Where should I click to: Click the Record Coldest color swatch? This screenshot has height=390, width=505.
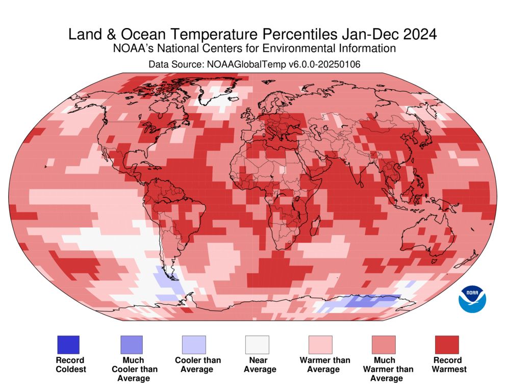coord(68,345)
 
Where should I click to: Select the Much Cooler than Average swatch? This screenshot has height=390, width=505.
coord(131,345)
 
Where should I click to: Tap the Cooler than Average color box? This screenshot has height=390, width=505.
coord(194,345)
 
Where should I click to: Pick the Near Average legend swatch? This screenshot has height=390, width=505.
coord(257,345)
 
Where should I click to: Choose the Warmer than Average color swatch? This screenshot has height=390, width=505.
coord(320,345)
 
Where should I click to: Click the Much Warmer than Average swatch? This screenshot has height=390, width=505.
coord(384,345)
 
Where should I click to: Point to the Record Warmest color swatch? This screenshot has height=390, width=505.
coord(446,345)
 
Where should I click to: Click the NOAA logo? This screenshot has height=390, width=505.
coord(472,299)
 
